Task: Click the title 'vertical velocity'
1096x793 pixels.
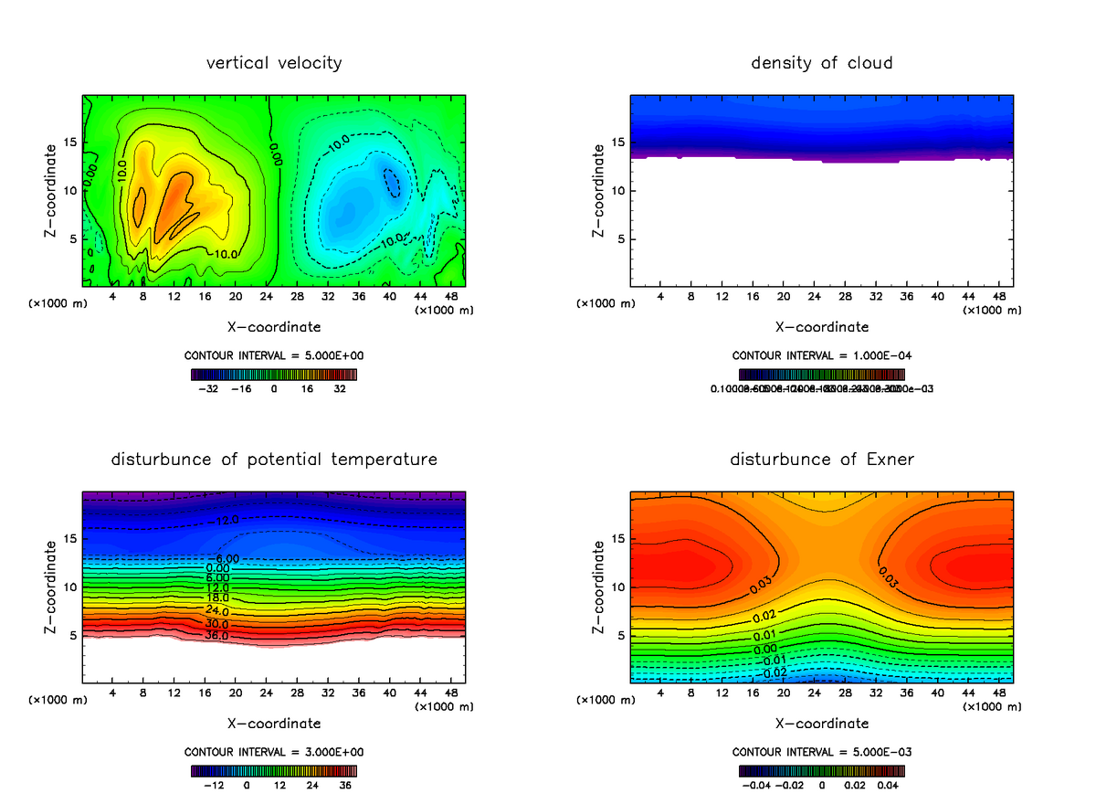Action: [274, 63]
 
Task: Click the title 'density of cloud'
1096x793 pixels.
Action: [822, 63]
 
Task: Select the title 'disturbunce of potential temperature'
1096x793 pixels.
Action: [274, 460]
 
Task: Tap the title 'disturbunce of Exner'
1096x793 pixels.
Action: [822, 460]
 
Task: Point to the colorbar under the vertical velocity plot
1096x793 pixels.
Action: [274, 374]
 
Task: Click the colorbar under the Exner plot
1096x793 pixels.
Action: [822, 770]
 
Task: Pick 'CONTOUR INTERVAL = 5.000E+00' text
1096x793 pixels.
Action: [274, 355]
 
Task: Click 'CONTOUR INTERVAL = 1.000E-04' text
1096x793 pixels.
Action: [822, 355]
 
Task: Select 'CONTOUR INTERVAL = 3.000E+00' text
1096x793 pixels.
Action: [274, 752]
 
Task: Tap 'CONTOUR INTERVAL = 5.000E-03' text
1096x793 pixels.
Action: [822, 752]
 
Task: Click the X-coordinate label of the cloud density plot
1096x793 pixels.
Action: [822, 326]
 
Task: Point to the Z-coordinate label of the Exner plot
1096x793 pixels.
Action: [599, 587]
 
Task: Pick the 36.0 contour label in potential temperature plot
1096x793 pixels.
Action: [217, 635]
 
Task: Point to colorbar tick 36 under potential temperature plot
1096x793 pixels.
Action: [345, 784]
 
